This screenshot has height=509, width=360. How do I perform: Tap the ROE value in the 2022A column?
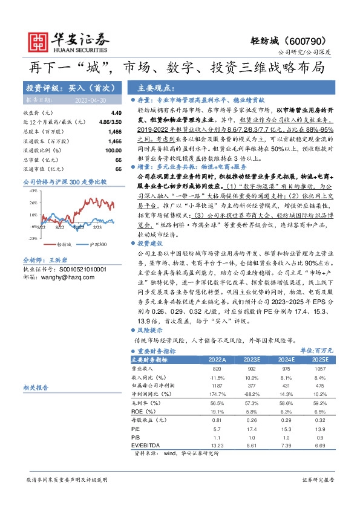217,412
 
